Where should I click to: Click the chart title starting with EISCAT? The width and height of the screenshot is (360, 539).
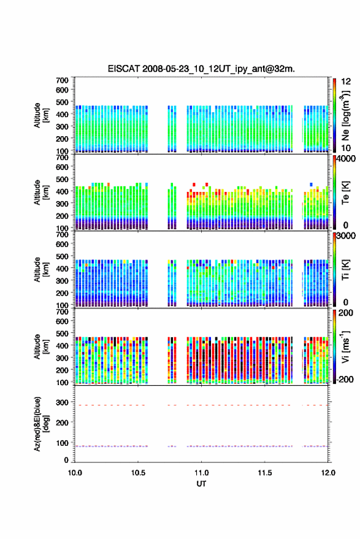click(201, 69)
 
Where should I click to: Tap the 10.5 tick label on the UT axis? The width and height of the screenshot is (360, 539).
click(138, 473)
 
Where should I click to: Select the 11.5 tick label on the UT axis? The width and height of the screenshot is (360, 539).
click(264, 473)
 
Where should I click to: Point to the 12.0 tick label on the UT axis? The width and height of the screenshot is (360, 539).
click(328, 473)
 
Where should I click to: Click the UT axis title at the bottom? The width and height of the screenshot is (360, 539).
click(201, 484)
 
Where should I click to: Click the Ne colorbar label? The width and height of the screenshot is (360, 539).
click(346, 115)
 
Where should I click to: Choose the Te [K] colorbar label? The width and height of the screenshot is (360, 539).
click(345, 193)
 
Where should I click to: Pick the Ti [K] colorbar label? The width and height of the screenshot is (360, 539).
click(345, 270)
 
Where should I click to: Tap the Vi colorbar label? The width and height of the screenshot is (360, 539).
click(345, 346)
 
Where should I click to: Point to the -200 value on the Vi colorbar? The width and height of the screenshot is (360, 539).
click(345, 380)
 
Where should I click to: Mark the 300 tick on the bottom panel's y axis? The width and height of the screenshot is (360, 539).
click(62, 402)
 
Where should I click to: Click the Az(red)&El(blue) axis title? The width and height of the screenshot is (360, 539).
click(41, 424)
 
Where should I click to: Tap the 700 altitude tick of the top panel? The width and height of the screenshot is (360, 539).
click(62, 80)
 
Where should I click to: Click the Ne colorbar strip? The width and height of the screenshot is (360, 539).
click(335, 115)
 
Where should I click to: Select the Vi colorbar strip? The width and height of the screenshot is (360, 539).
click(335, 346)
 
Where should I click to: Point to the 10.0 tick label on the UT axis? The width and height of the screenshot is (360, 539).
click(75, 473)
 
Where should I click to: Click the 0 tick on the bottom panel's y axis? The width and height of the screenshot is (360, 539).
click(66, 460)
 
